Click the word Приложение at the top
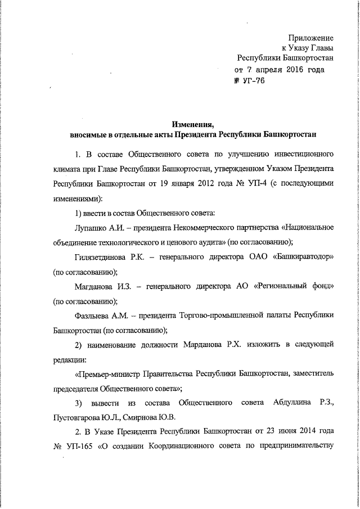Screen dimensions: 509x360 point(310,38)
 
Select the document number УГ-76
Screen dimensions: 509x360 point(253,81)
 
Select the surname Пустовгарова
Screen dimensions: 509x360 point(79,417)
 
